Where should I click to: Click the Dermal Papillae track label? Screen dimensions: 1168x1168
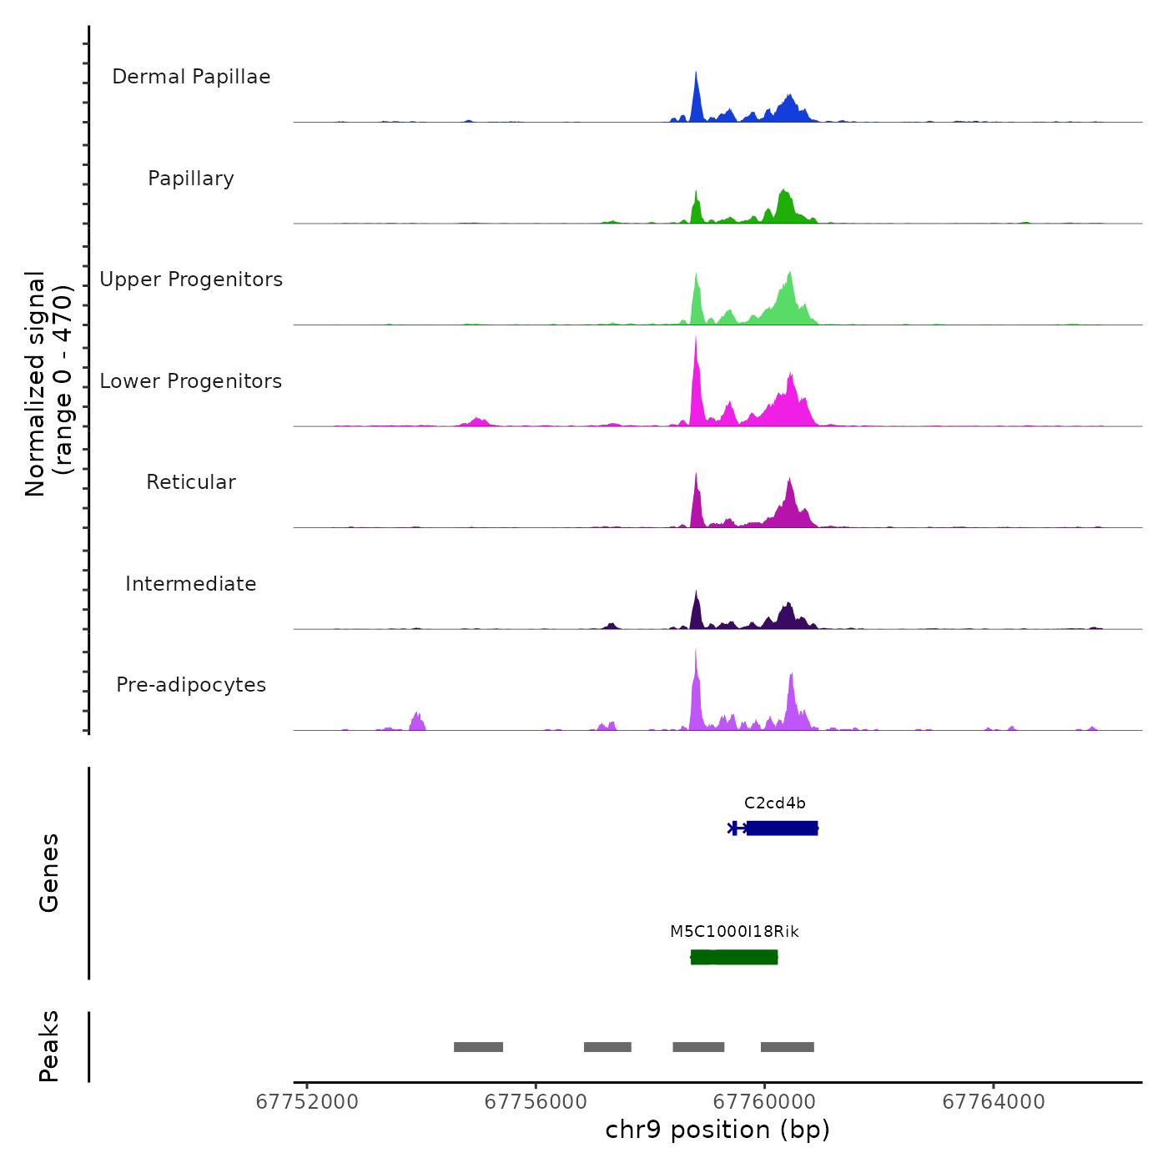191,77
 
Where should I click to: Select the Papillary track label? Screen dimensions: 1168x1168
191,179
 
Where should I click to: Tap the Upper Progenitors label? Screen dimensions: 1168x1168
191,279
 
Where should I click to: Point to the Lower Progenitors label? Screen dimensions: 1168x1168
191,381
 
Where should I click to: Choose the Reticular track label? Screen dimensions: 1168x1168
191,482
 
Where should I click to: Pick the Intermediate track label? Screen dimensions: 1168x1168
191,584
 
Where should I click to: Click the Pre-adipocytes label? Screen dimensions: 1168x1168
191,685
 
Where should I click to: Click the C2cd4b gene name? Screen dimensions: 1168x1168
775,803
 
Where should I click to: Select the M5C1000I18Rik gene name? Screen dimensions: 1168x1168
734,932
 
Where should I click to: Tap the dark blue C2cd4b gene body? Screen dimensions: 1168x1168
782,828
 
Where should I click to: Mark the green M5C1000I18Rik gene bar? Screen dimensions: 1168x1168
734,957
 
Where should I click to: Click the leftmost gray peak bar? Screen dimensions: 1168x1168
478,1047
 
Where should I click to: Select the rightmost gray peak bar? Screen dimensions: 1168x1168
787,1047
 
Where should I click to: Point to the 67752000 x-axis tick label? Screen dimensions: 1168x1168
307,1102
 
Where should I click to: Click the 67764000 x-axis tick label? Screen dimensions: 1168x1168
994,1102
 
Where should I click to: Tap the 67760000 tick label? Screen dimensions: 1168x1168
765,1102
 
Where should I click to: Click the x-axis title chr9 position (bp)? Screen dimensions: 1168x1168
717,1130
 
